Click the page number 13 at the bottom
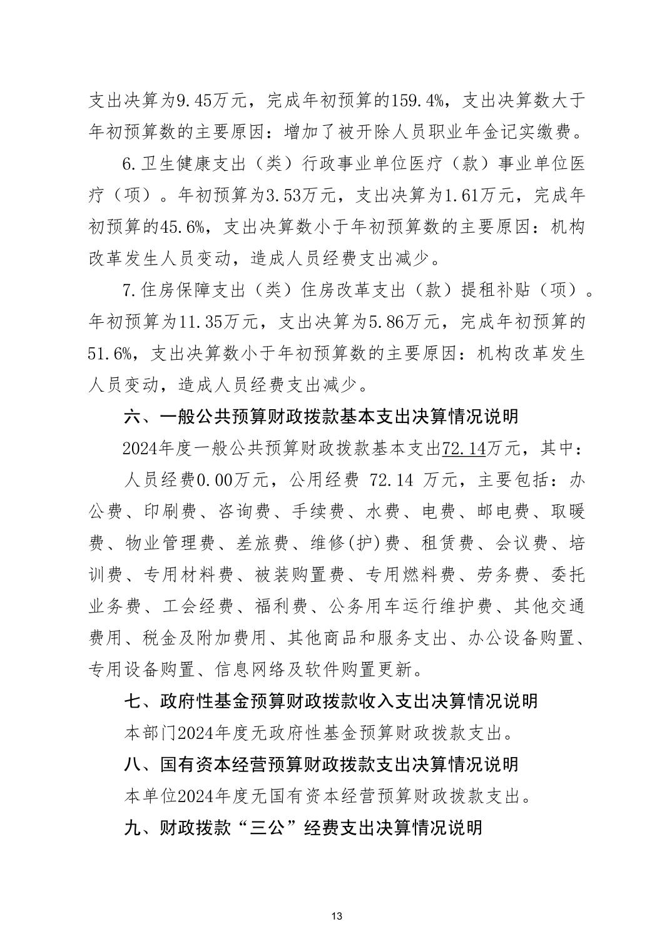tap(336, 917)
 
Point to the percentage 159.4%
tap(417, 99)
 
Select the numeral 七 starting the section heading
tap(133, 701)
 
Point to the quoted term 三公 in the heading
tap(268, 827)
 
